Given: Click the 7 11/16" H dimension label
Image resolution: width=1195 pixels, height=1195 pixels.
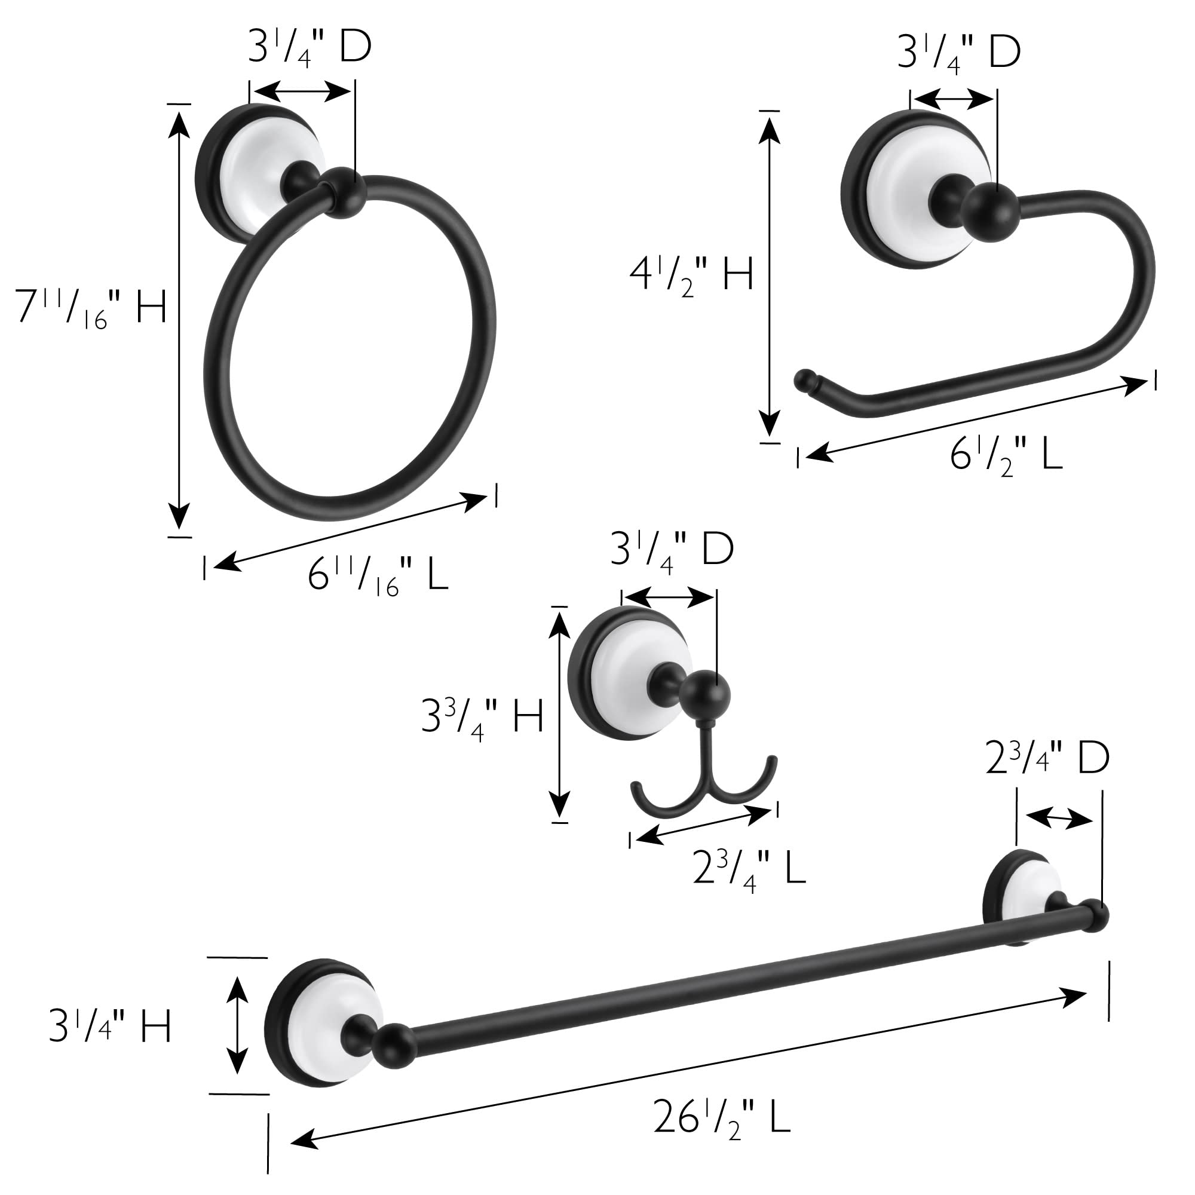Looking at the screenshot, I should point(91,307).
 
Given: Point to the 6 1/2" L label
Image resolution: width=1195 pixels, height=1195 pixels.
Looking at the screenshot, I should point(1006,456).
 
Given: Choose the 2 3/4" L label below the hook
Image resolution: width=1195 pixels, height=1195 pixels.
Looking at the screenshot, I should point(749,867).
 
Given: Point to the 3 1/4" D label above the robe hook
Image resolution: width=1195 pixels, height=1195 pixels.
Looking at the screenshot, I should point(672,549).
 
